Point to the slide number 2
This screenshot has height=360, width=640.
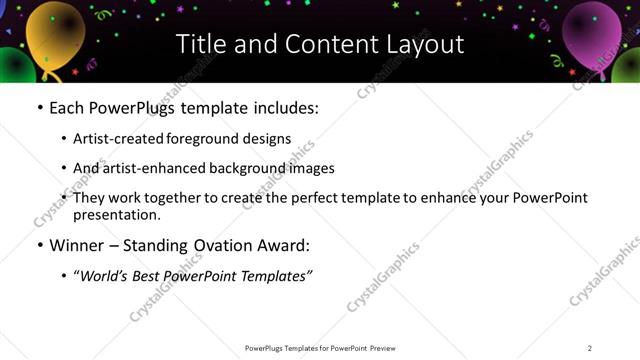point(590,347)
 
